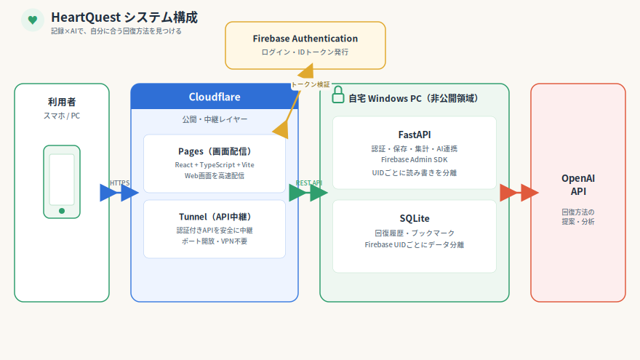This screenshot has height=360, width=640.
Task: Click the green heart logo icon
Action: [33, 20]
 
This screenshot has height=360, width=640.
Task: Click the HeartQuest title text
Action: [124, 17]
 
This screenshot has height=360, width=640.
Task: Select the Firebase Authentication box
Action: [305, 45]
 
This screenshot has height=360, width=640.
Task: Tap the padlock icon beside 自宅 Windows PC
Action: [338, 95]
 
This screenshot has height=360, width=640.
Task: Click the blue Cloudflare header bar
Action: [215, 97]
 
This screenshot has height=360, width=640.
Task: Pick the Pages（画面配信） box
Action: [215, 163]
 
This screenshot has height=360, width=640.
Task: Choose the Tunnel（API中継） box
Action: [215, 228]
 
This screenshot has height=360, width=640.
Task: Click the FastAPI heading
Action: [415, 135]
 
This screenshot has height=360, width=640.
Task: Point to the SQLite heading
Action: [415, 218]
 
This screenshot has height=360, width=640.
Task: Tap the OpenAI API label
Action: [578, 185]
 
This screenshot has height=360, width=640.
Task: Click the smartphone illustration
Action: [62, 182]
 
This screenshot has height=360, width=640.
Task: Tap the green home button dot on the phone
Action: [62, 211]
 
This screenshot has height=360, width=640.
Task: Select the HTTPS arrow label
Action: [119, 183]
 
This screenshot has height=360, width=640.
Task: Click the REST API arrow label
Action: [309, 183]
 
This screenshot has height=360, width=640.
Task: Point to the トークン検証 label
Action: [311, 84]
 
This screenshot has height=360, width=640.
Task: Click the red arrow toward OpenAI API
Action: [519, 193]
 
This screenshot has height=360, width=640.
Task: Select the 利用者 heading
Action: [62, 102]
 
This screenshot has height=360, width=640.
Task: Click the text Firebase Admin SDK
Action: [415, 159]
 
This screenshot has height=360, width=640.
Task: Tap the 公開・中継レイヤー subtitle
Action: [215, 119]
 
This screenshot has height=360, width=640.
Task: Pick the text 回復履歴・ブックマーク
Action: [415, 233]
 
